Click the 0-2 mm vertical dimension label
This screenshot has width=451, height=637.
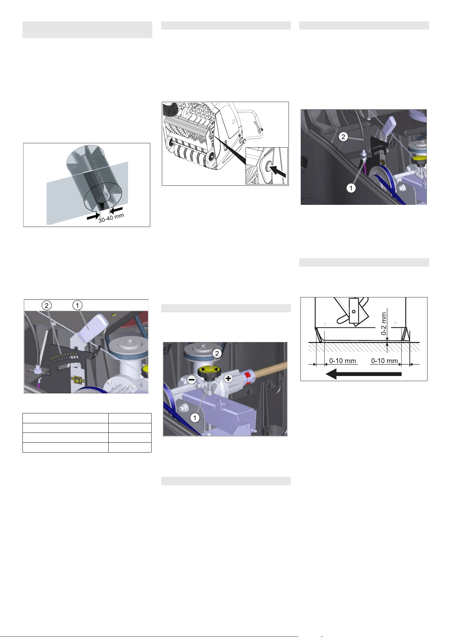tap(384, 324)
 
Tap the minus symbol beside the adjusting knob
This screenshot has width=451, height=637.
tap(192, 379)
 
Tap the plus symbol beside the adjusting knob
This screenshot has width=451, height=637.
tap(228, 378)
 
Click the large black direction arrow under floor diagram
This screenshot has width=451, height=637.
tap(364, 374)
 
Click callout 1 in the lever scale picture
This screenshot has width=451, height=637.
tap(77, 305)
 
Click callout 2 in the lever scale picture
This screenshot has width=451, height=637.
tap(46, 305)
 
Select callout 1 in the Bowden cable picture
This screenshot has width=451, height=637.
tap(351, 187)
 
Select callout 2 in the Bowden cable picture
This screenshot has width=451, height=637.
tap(343, 137)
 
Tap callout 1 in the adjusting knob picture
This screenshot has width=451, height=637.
tap(195, 418)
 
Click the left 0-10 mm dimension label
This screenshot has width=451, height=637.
tap(342, 361)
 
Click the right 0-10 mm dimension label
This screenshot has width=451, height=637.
tap(384, 361)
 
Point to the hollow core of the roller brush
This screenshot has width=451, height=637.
tap(102, 198)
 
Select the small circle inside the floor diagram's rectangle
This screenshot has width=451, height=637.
tap(354, 311)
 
